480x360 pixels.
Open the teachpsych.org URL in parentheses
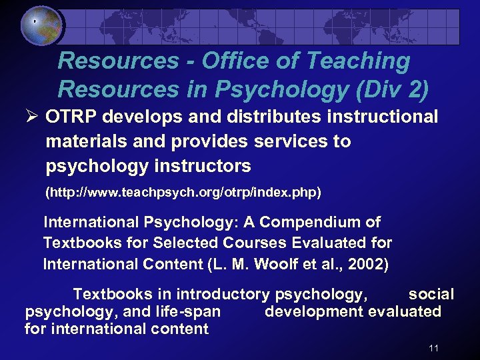tap(183, 193)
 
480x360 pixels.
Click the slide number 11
tap(434, 348)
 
